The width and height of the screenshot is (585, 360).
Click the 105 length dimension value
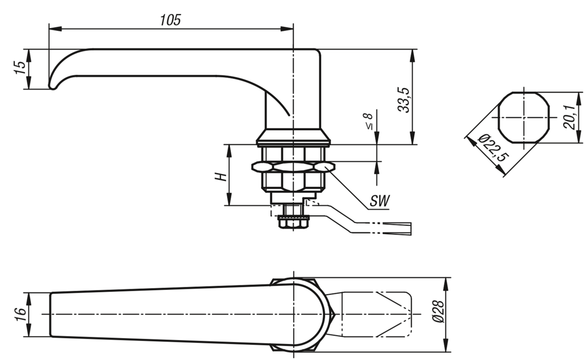pyautogui.click(x=170, y=20)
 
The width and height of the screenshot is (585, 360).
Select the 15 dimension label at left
pyautogui.click(x=20, y=68)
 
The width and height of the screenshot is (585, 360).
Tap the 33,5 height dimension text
pyautogui.click(x=404, y=100)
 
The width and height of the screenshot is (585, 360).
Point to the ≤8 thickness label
pyautogui.click(x=369, y=122)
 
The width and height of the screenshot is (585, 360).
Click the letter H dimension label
pyautogui.click(x=221, y=177)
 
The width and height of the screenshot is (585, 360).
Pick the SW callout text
pyautogui.click(x=379, y=201)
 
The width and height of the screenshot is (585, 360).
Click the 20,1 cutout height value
pyautogui.click(x=569, y=117)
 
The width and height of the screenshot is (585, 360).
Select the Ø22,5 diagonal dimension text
pyautogui.click(x=492, y=148)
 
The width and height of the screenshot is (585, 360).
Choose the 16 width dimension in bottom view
pyautogui.click(x=20, y=315)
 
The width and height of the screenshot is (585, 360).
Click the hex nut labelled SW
pyautogui.click(x=293, y=167)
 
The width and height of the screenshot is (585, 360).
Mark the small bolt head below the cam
pyautogui.click(x=293, y=223)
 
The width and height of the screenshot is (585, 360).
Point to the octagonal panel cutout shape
pyautogui.click(x=524, y=118)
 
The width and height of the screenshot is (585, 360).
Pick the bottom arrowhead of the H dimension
pyautogui.click(x=229, y=199)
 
